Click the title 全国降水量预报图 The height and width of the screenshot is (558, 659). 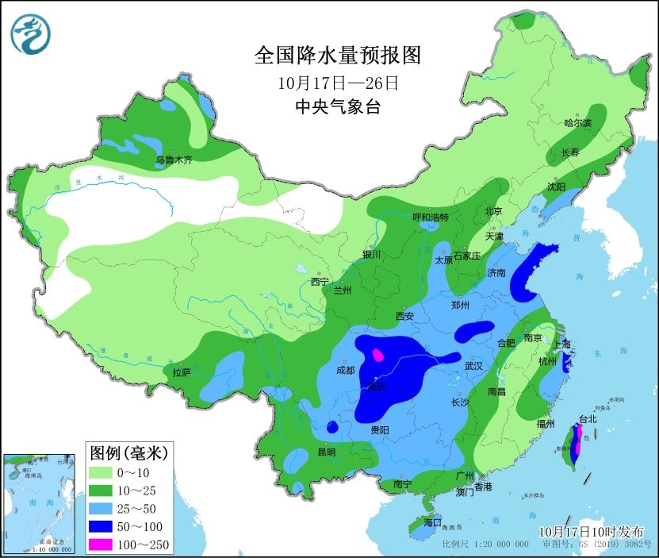(336, 56)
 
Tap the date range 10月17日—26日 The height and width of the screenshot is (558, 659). (336, 82)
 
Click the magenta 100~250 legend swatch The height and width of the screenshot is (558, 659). (102, 544)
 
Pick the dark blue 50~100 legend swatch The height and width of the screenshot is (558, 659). (102, 526)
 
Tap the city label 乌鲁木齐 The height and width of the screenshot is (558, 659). (174, 160)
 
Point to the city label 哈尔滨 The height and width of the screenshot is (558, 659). (577, 123)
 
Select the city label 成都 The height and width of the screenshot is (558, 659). (346, 369)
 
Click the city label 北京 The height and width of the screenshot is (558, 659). (494, 211)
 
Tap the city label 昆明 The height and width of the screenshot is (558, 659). (327, 452)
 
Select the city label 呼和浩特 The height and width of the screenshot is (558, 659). (431, 217)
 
